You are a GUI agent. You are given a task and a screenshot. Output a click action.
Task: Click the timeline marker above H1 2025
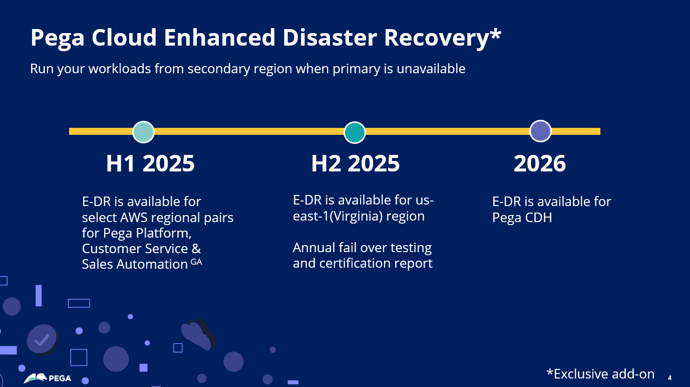pos(143,132)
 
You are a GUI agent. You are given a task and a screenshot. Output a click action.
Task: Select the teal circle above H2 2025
pos(355,132)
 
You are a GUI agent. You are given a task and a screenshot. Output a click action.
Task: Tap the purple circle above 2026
pos(540,131)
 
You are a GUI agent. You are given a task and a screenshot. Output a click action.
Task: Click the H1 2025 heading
pos(150,163)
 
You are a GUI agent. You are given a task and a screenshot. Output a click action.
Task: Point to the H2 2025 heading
pos(356,163)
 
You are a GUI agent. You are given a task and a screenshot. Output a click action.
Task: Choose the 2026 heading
pos(540,163)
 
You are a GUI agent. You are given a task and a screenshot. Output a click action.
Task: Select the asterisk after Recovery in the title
pos(495,35)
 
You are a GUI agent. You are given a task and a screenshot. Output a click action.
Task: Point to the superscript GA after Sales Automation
pos(196,261)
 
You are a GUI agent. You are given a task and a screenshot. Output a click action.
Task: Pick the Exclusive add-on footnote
pos(600,374)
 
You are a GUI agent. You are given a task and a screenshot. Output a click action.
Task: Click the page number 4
pos(669,377)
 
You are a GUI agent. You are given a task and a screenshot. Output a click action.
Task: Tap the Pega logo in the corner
pos(48,378)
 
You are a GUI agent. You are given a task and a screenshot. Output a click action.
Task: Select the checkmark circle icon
pos(42,339)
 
